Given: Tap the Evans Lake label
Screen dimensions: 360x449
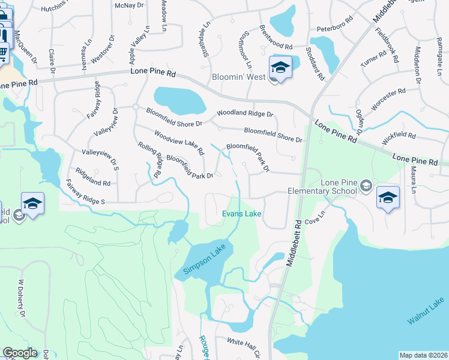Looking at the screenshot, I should click(242, 214).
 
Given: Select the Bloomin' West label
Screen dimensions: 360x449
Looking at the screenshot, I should click(239, 77).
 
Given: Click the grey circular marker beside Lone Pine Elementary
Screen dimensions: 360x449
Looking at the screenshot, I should click(366, 186).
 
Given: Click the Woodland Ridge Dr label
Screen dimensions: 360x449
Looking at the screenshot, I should click(245, 113).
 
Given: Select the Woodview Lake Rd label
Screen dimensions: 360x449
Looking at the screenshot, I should click(179, 143).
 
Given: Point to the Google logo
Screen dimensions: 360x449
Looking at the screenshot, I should click(20, 353).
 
